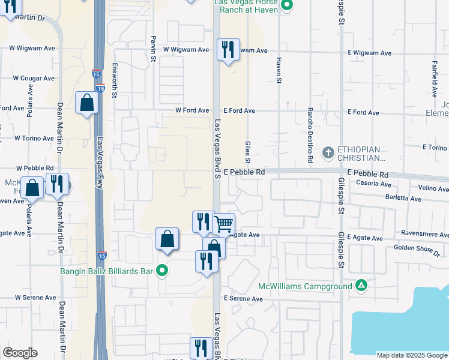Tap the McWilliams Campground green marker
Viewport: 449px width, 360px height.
[361, 285]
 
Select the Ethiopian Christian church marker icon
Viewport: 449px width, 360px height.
[328, 152]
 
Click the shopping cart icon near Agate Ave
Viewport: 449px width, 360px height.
[223, 224]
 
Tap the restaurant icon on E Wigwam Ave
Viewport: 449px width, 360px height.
[228, 49]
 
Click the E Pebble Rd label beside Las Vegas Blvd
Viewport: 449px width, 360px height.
[244, 172]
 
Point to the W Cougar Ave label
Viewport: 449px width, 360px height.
[34, 78]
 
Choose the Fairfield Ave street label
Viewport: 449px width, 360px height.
[433, 77]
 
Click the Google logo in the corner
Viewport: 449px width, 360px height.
[20, 353]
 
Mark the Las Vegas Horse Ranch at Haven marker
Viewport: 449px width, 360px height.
[287, 6]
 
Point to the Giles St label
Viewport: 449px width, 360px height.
[247, 152]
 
